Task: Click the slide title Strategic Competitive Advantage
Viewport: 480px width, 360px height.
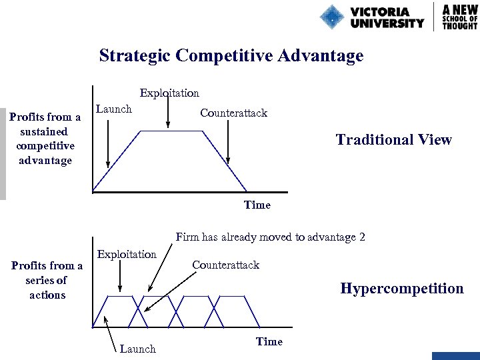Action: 231,55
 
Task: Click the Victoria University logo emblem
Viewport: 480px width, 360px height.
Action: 332,17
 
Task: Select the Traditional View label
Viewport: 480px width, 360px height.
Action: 393,140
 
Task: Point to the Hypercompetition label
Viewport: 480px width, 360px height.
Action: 401,289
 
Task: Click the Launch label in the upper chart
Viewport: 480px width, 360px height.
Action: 114,109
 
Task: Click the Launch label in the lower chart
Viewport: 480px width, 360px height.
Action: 137,349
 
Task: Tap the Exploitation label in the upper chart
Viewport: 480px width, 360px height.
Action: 169,93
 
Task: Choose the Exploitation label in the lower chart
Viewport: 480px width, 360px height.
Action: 127,254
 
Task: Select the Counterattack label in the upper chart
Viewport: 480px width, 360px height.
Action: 233,113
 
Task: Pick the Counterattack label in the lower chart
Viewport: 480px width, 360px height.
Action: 225,265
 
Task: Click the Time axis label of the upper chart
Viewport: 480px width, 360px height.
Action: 257,205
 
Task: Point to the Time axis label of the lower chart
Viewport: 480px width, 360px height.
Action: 269,341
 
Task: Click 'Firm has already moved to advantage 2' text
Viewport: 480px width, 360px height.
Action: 270,237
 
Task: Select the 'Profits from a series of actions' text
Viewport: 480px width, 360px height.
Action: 47,280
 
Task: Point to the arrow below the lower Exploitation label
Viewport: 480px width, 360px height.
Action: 119,276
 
